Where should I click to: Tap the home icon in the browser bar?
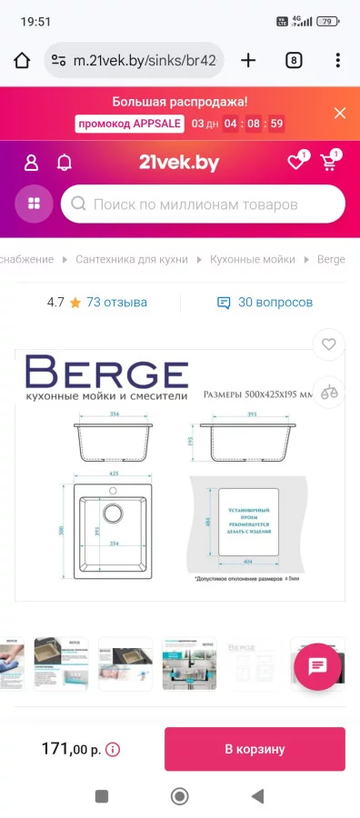click(x=22, y=61)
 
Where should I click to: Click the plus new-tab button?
click(x=248, y=61)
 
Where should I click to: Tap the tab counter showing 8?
click(x=294, y=61)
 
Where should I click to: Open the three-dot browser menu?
click(x=338, y=61)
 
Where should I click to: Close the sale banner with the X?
click(x=340, y=113)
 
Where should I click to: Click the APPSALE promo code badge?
click(x=130, y=124)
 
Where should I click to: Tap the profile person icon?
click(x=32, y=163)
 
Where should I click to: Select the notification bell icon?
click(x=65, y=163)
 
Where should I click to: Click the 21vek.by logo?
click(x=179, y=163)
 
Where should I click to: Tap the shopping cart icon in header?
click(x=327, y=164)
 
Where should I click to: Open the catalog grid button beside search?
click(x=35, y=204)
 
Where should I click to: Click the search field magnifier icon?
click(x=79, y=204)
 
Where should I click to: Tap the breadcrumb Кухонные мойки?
click(x=253, y=259)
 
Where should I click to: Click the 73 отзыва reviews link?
click(x=116, y=303)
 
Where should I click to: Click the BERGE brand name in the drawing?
click(x=106, y=373)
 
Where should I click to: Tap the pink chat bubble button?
click(x=317, y=666)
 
